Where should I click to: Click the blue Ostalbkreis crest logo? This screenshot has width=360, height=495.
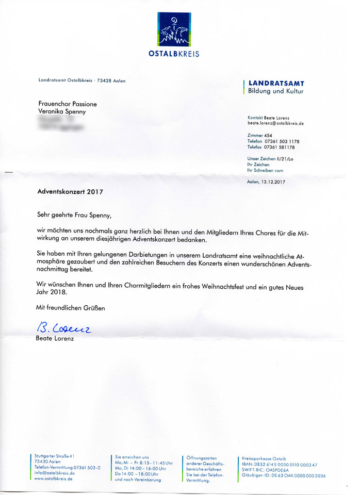[177, 29]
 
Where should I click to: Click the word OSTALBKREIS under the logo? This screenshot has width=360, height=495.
[177, 54]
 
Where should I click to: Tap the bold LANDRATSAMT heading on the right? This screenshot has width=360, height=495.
[276, 83]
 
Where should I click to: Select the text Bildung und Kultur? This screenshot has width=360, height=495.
[276, 91]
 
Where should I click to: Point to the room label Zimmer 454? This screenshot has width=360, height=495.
[260, 135]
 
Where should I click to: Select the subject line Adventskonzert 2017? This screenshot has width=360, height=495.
[70, 191]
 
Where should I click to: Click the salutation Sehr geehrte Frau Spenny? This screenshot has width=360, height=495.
[74, 214]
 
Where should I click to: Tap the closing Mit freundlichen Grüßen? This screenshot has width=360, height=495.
[70, 308]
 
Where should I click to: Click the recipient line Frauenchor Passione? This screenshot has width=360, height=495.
[68, 104]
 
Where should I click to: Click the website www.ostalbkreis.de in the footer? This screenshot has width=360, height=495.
[53, 478]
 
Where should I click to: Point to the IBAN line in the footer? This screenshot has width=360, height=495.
[280, 465]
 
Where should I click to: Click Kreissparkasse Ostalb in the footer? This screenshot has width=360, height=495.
[264, 458]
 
